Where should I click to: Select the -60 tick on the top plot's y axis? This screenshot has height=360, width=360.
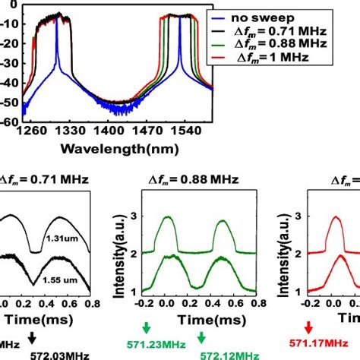[13, 120]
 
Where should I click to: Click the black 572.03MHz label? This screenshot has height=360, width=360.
[58, 354]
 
